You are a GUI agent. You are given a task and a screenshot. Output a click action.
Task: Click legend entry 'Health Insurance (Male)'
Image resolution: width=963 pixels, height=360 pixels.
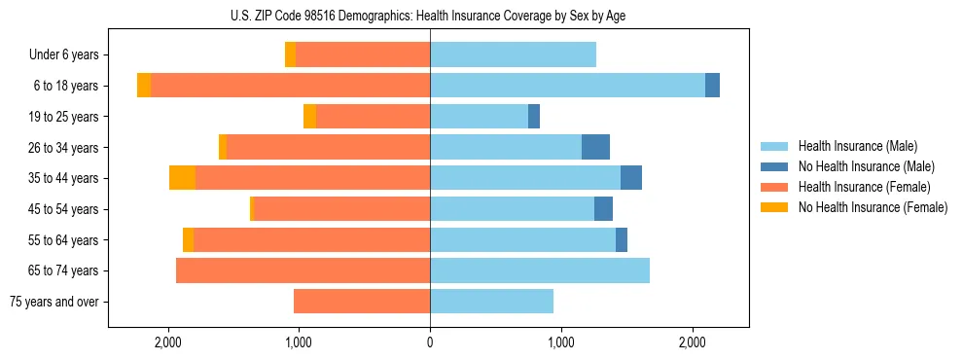click(x=857, y=146)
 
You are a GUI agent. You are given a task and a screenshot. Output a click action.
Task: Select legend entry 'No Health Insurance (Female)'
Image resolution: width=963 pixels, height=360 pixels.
click(x=873, y=207)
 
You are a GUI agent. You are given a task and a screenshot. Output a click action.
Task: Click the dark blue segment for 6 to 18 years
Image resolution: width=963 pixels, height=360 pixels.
click(x=712, y=86)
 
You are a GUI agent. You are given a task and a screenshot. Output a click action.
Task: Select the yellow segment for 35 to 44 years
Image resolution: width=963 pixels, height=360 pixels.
click(x=182, y=178)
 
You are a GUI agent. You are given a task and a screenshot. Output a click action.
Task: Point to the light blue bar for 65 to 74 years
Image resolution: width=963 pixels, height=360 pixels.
click(x=540, y=270)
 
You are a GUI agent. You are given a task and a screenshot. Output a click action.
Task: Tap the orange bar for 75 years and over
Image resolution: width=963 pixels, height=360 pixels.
click(x=362, y=302)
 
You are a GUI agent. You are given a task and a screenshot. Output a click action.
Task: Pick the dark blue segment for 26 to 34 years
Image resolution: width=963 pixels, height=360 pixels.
click(x=595, y=147)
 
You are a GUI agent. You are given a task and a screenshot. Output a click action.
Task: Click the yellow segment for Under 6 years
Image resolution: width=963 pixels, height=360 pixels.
click(x=290, y=55)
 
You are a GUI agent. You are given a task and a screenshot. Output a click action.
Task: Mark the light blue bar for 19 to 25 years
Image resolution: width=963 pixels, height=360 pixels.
click(x=479, y=117)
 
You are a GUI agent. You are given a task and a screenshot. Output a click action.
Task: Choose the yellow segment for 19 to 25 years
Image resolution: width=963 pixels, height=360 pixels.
click(x=309, y=117)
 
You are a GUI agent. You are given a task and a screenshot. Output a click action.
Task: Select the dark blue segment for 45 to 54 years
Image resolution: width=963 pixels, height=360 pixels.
click(x=603, y=209)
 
